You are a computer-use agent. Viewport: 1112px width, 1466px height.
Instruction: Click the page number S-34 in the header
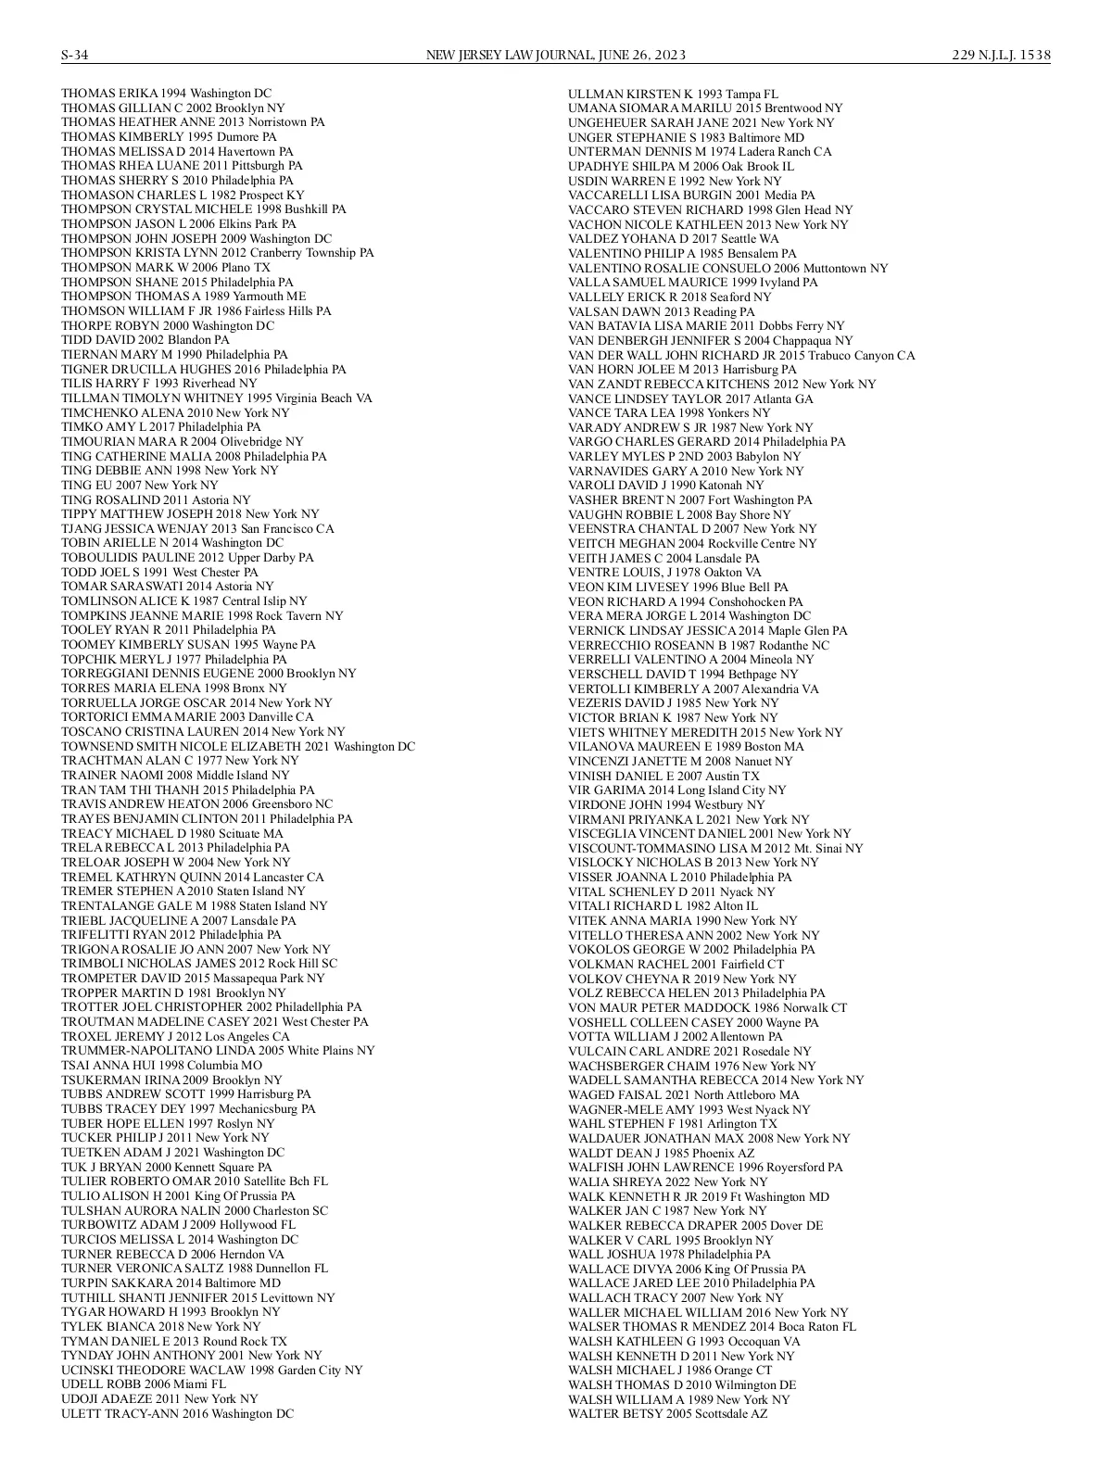75,55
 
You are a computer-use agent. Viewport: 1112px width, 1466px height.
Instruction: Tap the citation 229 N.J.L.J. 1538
1001,55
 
